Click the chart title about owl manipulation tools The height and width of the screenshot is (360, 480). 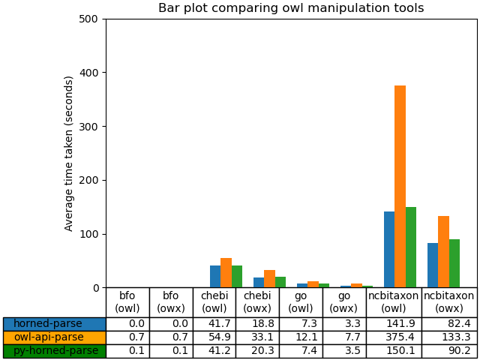[x=291, y=8]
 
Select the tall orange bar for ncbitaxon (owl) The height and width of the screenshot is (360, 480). [x=400, y=187]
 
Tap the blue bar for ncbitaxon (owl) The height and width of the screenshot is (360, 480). [x=389, y=250]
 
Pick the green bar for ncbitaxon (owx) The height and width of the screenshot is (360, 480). [x=454, y=263]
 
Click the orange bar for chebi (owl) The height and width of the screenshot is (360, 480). [x=226, y=273]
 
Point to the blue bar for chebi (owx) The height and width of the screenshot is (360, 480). [x=259, y=283]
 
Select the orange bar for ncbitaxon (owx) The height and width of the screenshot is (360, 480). [x=443, y=252]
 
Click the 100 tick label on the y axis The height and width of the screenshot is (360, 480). [x=89, y=234]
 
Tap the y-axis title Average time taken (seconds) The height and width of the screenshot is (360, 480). [x=69, y=153]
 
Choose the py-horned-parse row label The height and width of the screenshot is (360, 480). [x=54, y=351]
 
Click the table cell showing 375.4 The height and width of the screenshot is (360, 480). [x=394, y=337]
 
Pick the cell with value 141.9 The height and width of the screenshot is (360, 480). [x=394, y=324]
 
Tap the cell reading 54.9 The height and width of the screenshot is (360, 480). [x=214, y=337]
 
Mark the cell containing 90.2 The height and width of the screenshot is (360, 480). [x=449, y=351]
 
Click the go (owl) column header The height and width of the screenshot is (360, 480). [x=301, y=302]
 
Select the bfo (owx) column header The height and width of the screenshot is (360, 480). [x=171, y=302]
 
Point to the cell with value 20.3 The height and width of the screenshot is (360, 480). [x=257, y=351]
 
